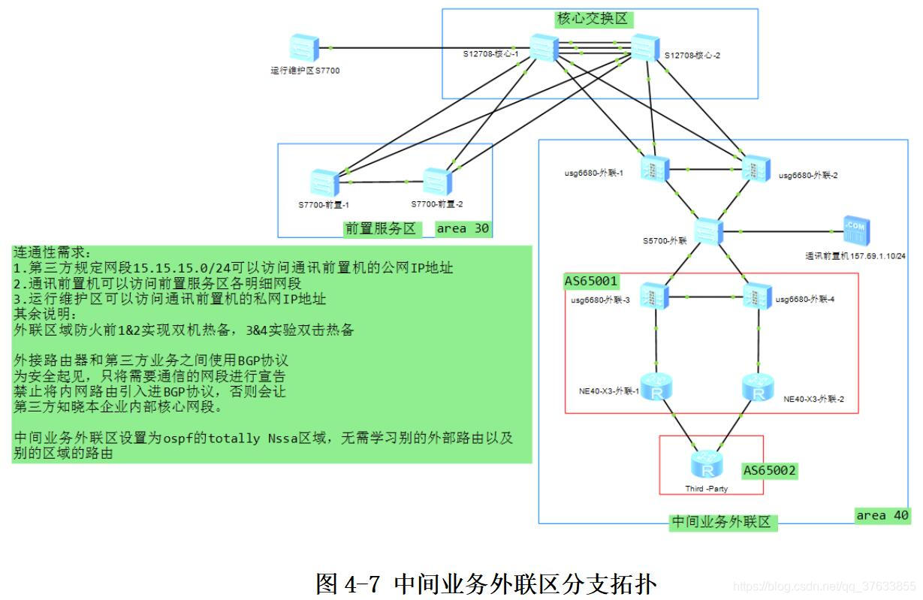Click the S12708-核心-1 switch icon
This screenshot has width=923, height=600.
point(541,48)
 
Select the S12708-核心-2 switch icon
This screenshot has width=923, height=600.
point(644,48)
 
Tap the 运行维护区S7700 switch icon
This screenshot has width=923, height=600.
point(305,48)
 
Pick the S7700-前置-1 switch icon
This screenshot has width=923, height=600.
point(324,182)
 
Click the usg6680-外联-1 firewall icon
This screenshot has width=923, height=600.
point(650,167)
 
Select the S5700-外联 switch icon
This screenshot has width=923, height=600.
point(707,231)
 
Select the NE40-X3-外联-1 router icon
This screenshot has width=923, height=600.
point(657,387)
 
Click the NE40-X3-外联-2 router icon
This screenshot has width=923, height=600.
point(757,387)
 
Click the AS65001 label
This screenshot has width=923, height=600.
point(591,282)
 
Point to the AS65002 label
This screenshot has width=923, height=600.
point(770,471)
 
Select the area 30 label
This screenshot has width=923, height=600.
point(463,228)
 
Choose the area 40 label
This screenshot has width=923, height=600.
point(882,515)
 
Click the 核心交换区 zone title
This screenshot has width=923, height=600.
point(592,19)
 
